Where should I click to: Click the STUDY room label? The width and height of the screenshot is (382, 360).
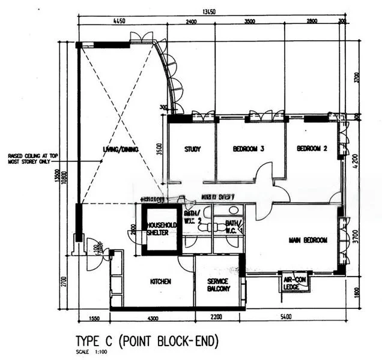(x=192, y=149)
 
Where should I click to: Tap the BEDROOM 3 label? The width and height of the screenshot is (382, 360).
(x=248, y=149)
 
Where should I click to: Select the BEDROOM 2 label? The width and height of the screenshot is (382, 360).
(x=312, y=149)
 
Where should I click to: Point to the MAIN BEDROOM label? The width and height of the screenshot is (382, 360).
(x=308, y=241)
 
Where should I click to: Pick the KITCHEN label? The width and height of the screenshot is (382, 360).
(x=160, y=281)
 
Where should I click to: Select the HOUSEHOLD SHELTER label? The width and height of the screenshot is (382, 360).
(x=161, y=229)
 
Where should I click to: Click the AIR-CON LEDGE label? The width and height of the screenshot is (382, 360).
(x=296, y=281)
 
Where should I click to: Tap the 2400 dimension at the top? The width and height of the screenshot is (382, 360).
(x=190, y=22)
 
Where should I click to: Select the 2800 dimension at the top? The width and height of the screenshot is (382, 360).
(x=312, y=22)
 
